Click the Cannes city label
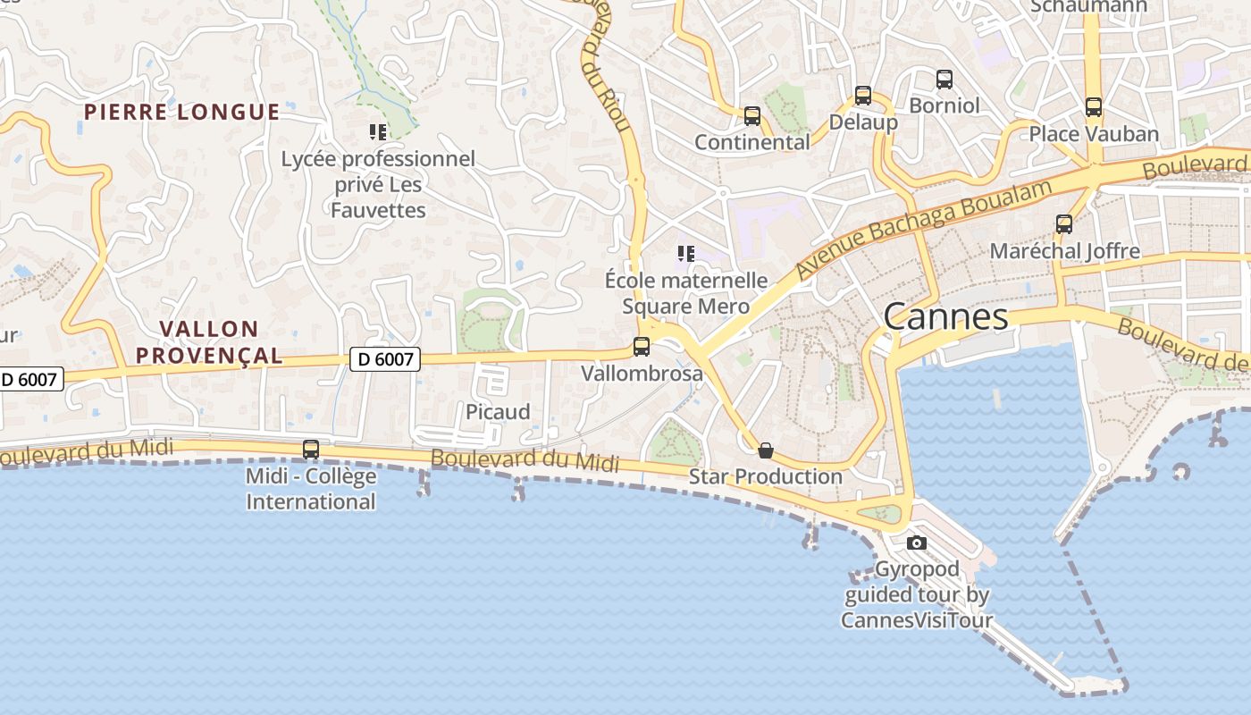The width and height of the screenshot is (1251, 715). point(946,316)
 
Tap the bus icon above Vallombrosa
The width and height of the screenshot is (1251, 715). point(642,347)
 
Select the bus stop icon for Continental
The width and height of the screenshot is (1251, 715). point(752,116)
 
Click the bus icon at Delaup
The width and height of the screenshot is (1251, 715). point(863,96)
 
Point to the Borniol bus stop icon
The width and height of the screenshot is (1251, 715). point(945,80)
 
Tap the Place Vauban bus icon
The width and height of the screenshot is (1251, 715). point(1094,107)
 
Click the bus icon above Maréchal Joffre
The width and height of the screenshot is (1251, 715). point(1064,224)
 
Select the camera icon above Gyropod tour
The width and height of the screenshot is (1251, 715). point(916,543)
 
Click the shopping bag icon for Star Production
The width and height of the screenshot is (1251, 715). point(766,450)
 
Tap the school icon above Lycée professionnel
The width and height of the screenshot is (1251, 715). point(378,132)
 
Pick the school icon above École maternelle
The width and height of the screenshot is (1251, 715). point(686,254)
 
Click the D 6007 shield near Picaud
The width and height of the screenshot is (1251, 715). point(384,359)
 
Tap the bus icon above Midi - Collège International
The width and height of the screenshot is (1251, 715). point(311,450)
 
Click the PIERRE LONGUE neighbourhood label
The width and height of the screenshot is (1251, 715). point(182,112)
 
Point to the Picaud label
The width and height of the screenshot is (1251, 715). point(498,412)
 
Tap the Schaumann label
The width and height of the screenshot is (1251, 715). point(1088,7)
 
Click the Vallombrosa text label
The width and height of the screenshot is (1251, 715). point(642,374)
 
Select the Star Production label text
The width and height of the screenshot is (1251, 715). point(765,476)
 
